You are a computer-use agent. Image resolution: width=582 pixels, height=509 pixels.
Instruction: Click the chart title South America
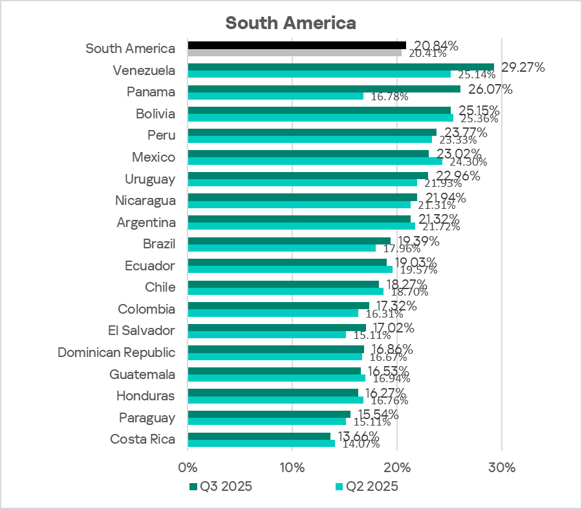pos(290,23)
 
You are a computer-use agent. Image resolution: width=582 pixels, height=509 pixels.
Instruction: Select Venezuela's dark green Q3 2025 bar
pos(340,67)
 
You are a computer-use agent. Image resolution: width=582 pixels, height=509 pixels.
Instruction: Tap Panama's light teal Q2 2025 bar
pos(275,96)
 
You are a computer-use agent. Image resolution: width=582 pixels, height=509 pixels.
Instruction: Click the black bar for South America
pos(297,45)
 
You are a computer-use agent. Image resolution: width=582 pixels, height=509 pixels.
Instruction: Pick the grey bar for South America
pos(294,52)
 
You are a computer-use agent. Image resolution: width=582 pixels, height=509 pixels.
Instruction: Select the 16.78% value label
pos(389,97)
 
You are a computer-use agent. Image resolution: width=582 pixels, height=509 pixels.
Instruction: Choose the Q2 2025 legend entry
pos(367,486)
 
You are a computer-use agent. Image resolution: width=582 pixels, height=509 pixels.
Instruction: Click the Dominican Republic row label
pos(116,352)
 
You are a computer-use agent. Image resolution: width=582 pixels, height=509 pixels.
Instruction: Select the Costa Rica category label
pos(142,439)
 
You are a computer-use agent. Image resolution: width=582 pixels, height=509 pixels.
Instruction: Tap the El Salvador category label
pos(141,330)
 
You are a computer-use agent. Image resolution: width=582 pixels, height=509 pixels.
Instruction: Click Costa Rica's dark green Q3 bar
pos(259,436)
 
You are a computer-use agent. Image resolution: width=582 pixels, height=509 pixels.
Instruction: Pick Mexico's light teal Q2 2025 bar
pos(315,161)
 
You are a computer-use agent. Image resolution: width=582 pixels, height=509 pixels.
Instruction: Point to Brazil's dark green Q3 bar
pos(289,241)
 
